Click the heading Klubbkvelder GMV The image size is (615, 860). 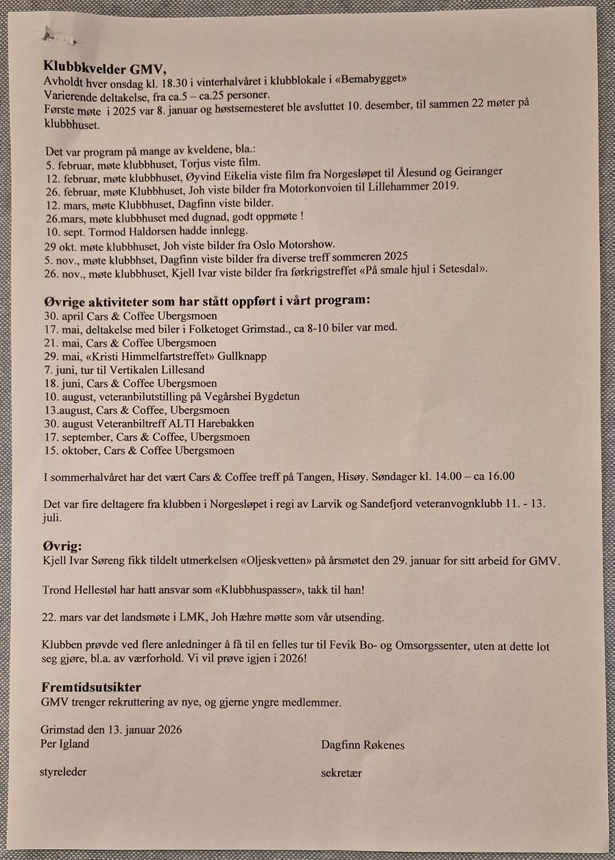(x=105, y=66)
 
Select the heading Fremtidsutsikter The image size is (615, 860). (x=91, y=688)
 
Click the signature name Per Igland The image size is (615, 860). (x=65, y=743)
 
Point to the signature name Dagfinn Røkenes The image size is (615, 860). (x=362, y=745)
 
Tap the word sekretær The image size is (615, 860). (x=341, y=773)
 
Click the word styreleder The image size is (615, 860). (x=64, y=771)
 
